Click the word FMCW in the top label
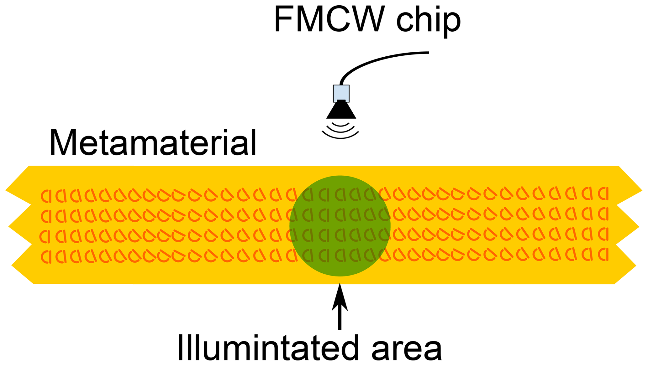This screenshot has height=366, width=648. [329, 19]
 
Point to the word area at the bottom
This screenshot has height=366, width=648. [407, 349]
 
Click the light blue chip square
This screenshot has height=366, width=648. [341, 92]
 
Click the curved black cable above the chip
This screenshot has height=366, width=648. [376, 59]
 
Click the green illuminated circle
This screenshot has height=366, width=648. [340, 226]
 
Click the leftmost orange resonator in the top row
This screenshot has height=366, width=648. [46, 196]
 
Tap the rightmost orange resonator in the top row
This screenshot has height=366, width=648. [603, 193]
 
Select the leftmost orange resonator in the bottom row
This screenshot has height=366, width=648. [46, 257]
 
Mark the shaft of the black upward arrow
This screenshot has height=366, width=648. [340, 318]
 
